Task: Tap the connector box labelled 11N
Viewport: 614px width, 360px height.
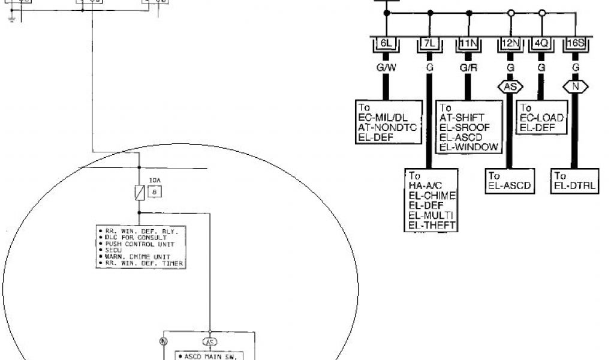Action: [x=467, y=44]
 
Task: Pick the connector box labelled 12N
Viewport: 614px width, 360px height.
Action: [x=510, y=44]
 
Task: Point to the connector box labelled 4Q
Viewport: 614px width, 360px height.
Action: [x=541, y=44]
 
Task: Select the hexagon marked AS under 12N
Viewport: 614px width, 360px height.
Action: [x=510, y=86]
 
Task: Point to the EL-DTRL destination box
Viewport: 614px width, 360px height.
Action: [x=574, y=181]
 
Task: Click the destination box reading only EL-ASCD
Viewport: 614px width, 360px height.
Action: [x=509, y=181]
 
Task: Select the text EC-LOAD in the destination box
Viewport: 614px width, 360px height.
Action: [x=541, y=118]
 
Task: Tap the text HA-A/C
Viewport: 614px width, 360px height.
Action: [x=425, y=186]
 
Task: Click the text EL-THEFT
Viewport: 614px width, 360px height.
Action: [x=432, y=225]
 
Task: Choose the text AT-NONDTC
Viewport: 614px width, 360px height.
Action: [x=387, y=127]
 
